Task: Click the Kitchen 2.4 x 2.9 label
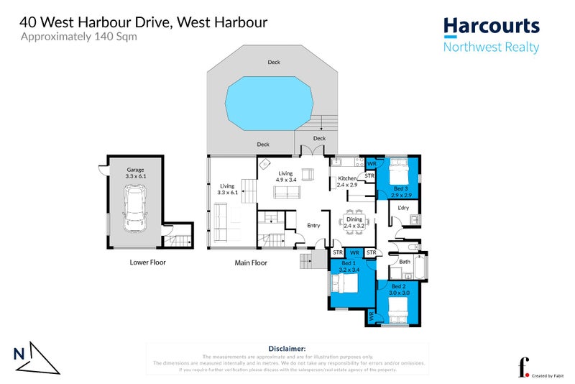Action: click(x=348, y=181)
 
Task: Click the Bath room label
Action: click(x=405, y=262)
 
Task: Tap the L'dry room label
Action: click(x=403, y=208)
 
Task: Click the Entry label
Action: click(x=313, y=226)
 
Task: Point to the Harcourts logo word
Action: click(x=491, y=27)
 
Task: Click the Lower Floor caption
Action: click(x=147, y=262)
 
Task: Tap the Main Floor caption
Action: click(x=251, y=262)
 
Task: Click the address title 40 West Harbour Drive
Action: click(x=144, y=22)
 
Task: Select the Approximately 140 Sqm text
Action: click(x=68, y=37)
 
